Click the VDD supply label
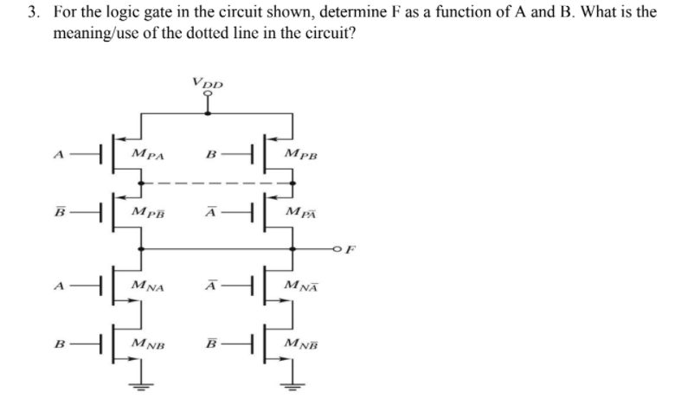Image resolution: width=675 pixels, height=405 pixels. pyautogui.click(x=208, y=84)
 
